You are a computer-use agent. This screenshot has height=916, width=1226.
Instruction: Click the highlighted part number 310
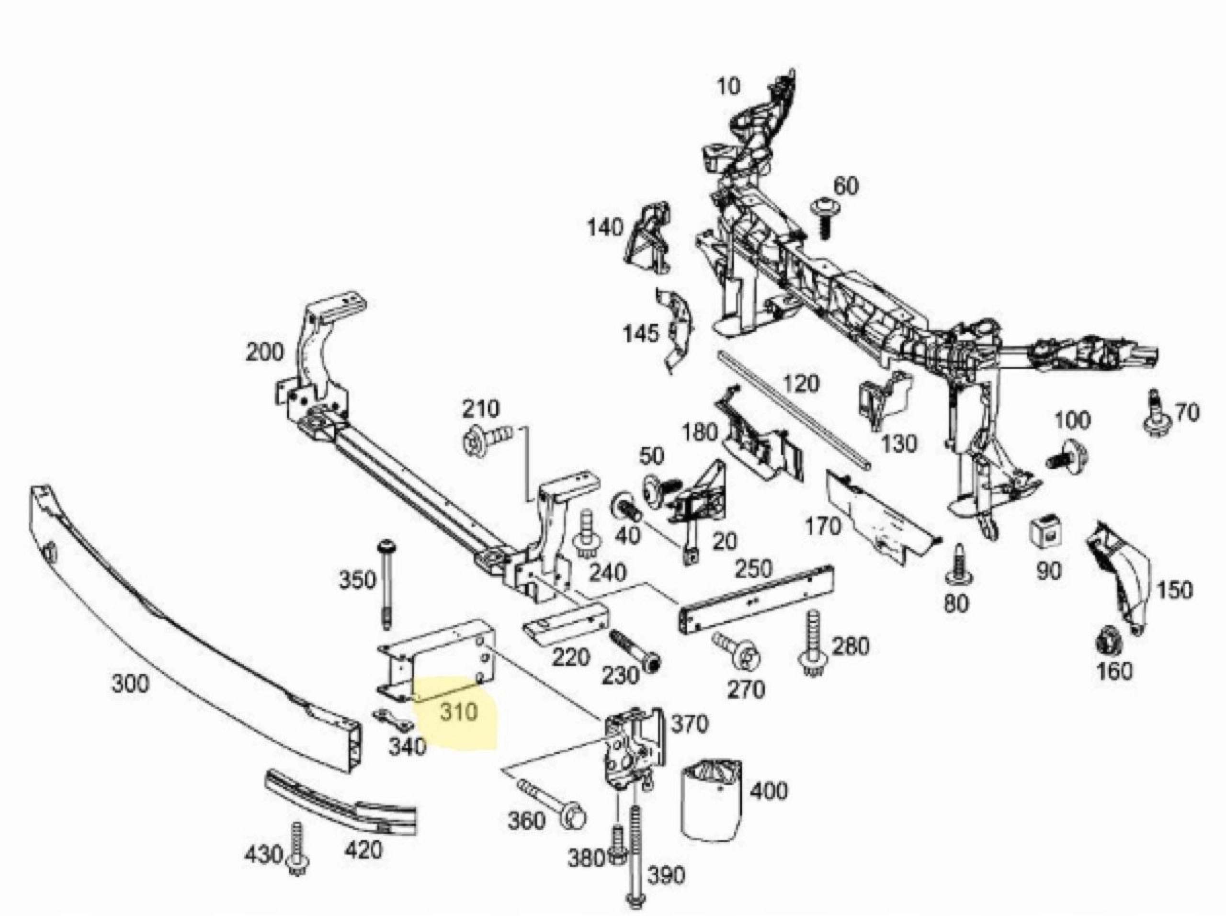[458, 711]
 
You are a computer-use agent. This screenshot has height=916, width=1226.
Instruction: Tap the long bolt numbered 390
[635, 856]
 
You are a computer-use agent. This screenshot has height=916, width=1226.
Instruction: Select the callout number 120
[801, 384]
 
